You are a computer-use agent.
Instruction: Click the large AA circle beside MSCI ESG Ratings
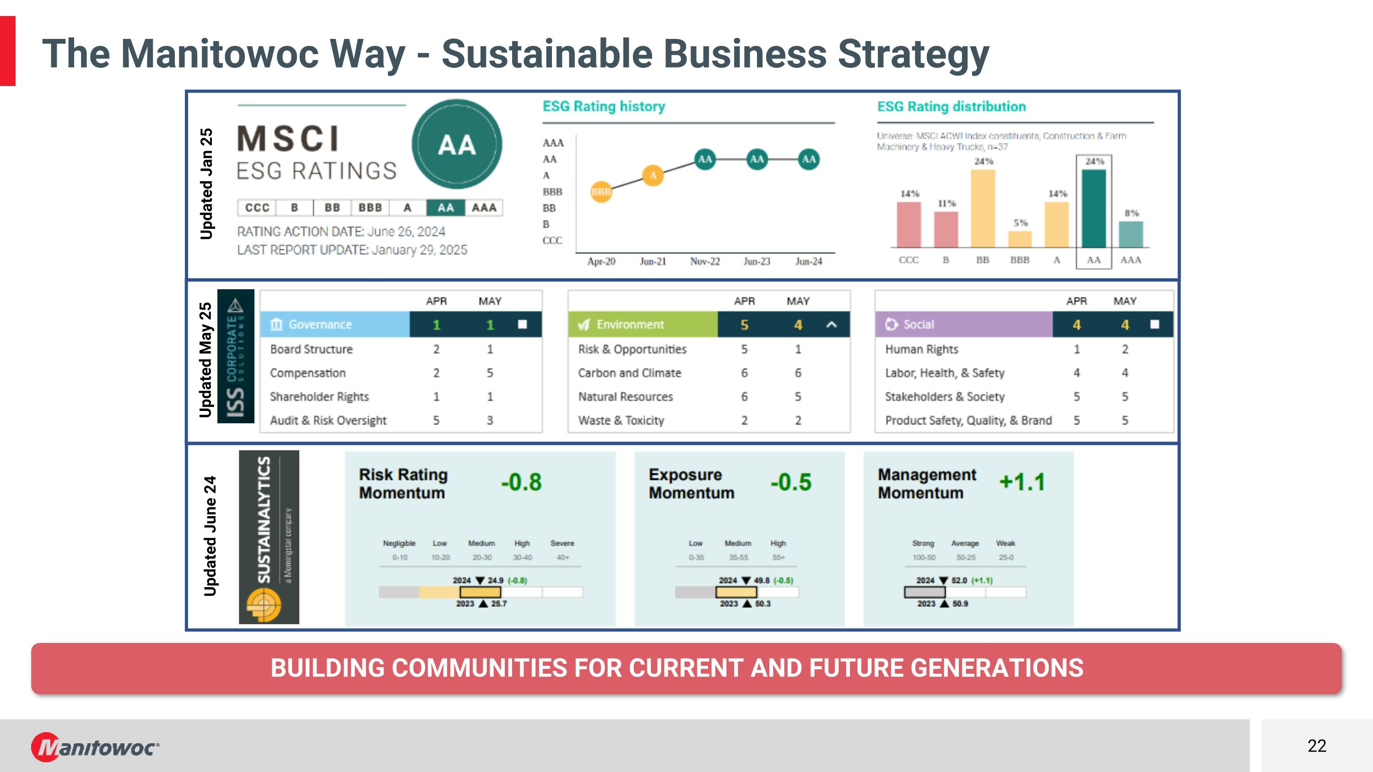click(457, 145)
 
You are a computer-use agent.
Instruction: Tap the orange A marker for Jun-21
click(653, 175)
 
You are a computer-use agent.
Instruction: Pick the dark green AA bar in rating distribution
click(1094, 208)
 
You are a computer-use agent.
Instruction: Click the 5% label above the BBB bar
click(1020, 223)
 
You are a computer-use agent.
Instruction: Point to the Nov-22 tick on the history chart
click(705, 261)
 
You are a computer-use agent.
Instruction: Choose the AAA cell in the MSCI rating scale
click(484, 208)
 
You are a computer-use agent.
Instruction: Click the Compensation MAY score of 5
click(490, 373)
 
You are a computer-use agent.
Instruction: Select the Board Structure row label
click(311, 349)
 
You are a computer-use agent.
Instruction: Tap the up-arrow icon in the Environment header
click(832, 324)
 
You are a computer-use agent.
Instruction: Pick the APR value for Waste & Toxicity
click(744, 421)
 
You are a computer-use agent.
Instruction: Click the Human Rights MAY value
click(1124, 349)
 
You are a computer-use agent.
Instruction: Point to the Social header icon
click(891, 324)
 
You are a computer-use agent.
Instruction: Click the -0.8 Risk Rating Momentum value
click(521, 482)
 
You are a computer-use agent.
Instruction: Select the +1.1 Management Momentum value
click(1022, 482)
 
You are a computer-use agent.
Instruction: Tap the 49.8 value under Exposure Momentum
click(762, 580)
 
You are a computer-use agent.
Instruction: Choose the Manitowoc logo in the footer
click(95, 747)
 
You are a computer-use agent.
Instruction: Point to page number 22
click(1317, 746)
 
